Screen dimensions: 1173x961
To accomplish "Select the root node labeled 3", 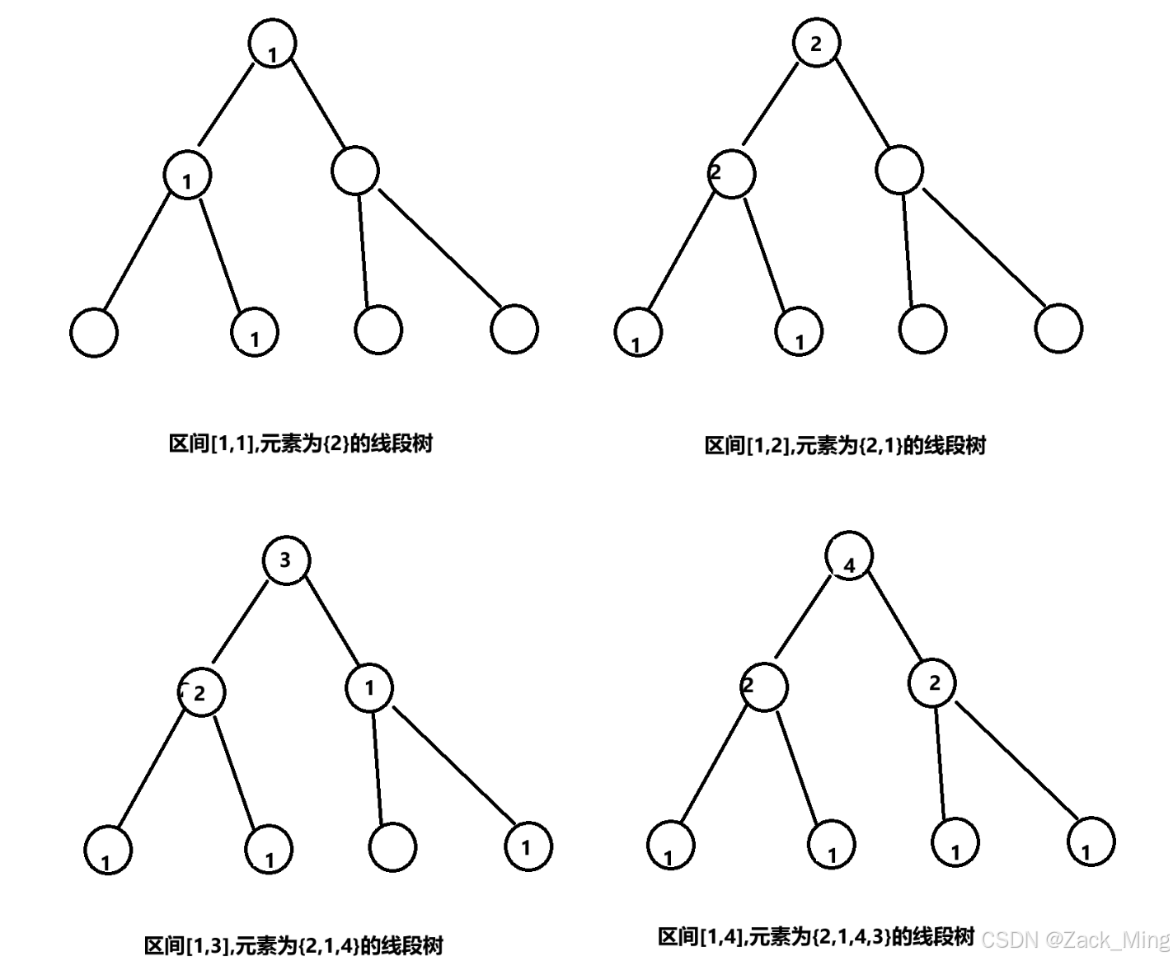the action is [x=286, y=560].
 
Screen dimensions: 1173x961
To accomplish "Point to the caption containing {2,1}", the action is [x=845, y=446].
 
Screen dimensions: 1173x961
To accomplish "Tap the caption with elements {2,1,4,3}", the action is [x=816, y=936].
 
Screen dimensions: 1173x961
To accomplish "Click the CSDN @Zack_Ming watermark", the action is [x=1076, y=940].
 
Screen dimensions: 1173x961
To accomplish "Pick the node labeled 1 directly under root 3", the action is [x=368, y=687].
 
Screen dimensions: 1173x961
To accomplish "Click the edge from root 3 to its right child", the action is [x=333, y=620].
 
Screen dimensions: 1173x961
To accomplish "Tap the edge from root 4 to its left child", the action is [x=803, y=617].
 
